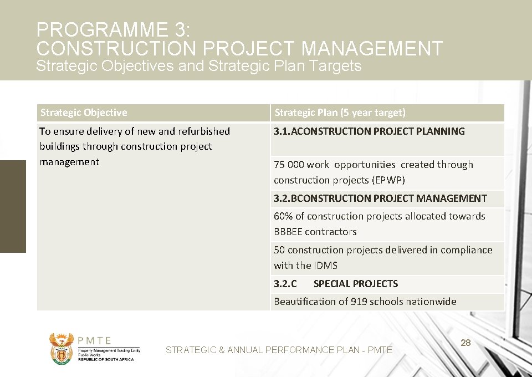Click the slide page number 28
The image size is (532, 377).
coord(465,343)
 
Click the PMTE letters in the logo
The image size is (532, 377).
coord(94,341)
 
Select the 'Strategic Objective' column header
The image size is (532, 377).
coord(84,113)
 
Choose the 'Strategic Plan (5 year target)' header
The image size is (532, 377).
coord(340,113)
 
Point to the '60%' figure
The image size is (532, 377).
coord(283,216)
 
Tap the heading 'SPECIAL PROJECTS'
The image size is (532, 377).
coord(355,284)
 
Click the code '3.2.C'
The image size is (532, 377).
coord(285,284)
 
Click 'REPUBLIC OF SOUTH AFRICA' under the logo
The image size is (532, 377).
coord(105,360)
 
